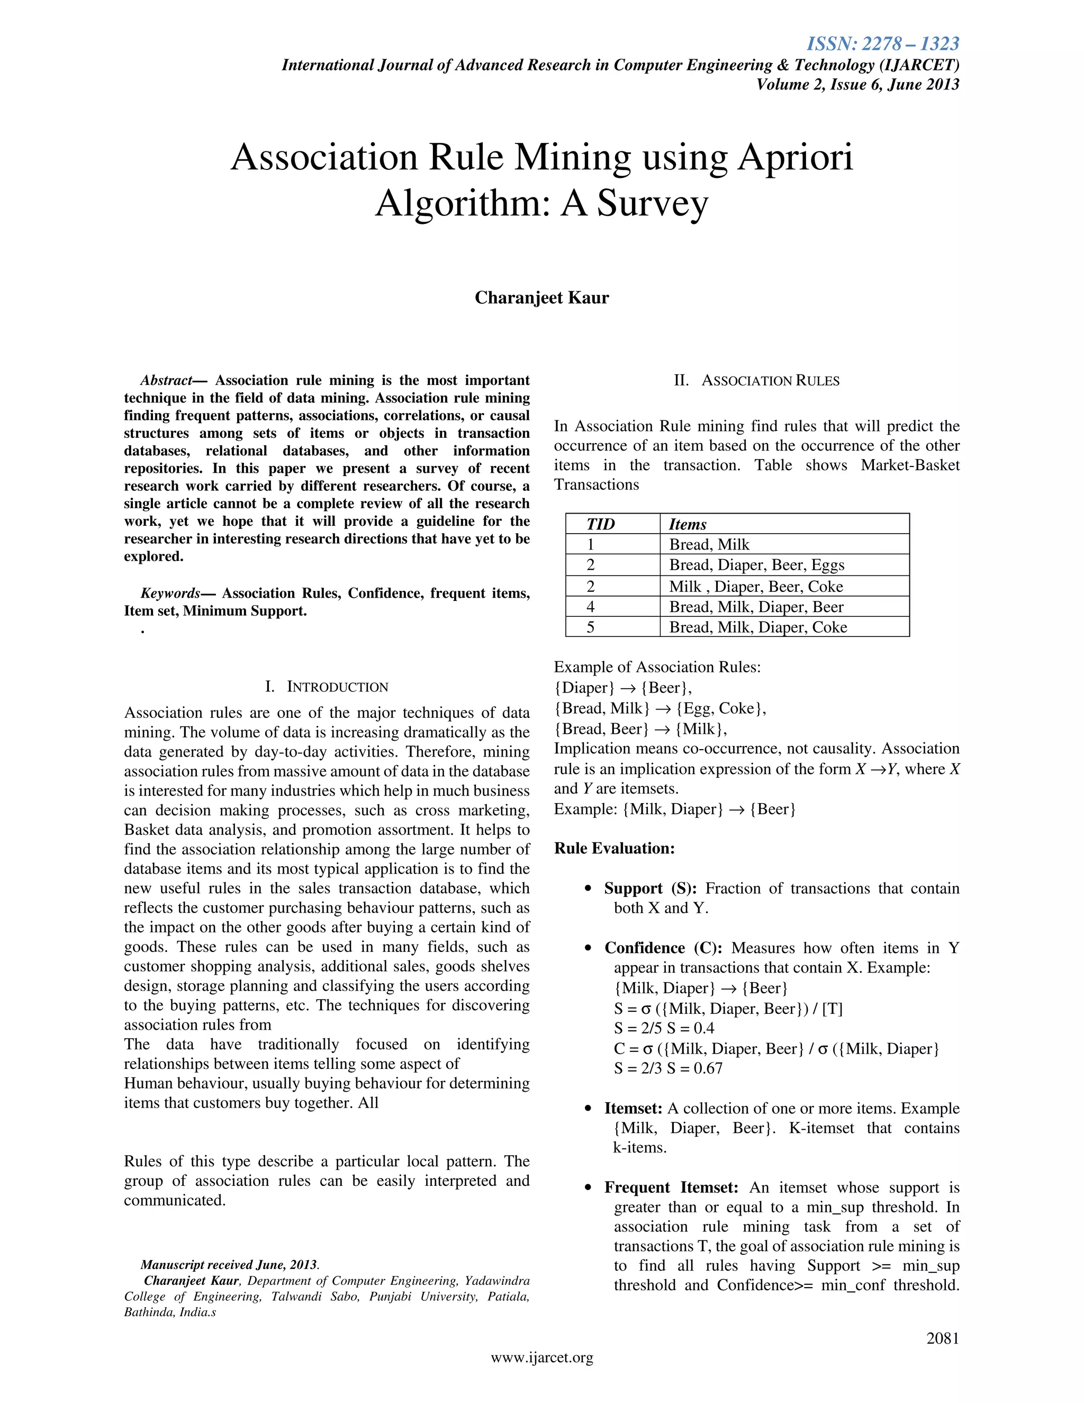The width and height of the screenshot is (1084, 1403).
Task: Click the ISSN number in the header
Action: pyautogui.click(x=882, y=44)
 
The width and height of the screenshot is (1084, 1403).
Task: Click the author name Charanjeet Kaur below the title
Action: pyautogui.click(x=541, y=298)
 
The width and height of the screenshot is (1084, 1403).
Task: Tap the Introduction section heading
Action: pyautogui.click(x=326, y=687)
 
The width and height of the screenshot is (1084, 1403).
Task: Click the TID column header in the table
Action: pyautogui.click(x=600, y=524)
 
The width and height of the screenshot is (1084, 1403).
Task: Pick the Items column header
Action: pyautogui.click(x=687, y=524)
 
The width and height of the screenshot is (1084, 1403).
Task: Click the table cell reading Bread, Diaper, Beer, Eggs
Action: pyautogui.click(x=756, y=565)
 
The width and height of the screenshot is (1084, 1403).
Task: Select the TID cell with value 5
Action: pyautogui.click(x=590, y=627)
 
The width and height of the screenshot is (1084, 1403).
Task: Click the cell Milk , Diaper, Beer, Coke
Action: pyautogui.click(x=755, y=587)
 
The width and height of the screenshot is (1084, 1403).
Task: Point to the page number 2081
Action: pyautogui.click(x=942, y=1338)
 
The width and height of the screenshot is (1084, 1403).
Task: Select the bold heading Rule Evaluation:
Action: pyautogui.click(x=614, y=849)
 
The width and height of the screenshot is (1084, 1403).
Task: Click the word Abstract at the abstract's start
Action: pyautogui.click(x=166, y=380)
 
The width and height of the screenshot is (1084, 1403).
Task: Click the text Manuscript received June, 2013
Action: pyautogui.click(x=229, y=1265)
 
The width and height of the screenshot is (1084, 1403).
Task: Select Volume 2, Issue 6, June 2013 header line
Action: pyautogui.click(x=857, y=84)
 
